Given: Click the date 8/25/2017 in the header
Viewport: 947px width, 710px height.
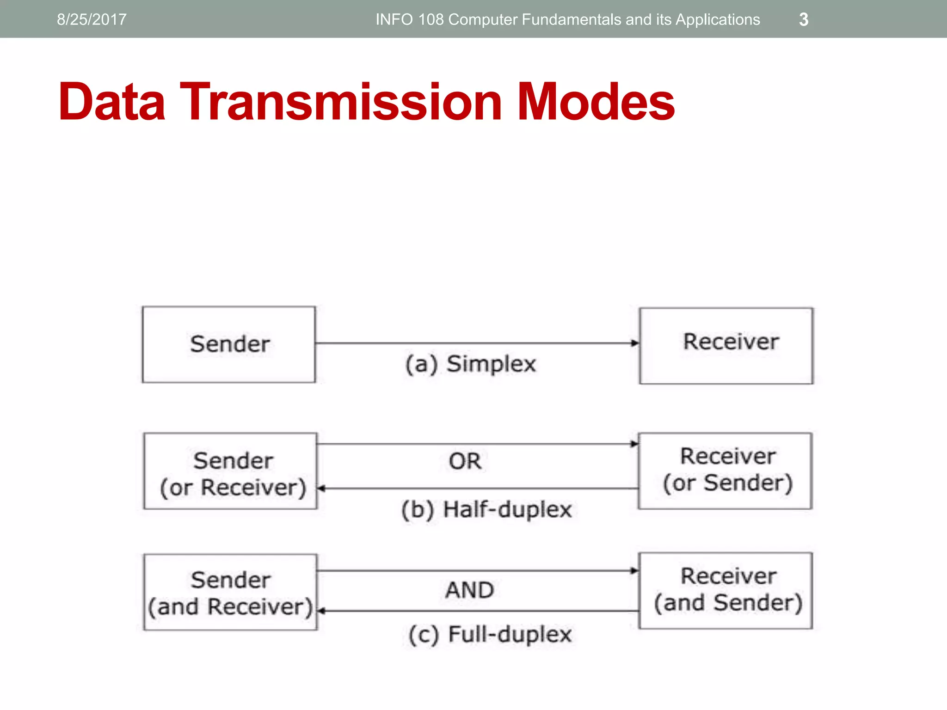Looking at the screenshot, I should coord(92,19).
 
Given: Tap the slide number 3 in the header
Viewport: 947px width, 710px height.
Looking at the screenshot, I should coord(804,19).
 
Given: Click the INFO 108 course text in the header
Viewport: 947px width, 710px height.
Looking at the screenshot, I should coord(567,19).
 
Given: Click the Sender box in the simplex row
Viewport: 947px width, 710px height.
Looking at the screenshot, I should coord(229,344).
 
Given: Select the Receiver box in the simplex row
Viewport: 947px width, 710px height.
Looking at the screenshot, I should coord(726,346).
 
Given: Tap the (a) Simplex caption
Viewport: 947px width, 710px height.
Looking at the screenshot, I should coord(470,364).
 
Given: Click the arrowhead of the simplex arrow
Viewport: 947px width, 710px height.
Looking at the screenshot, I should coord(635,343).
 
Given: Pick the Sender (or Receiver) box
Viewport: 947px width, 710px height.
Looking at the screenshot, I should coord(230,471).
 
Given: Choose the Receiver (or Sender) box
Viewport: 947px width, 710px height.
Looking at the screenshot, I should coord(725,471).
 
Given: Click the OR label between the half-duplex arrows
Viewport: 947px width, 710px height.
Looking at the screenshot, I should coord(465,461).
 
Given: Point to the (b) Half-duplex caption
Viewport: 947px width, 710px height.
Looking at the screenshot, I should coord(486,510).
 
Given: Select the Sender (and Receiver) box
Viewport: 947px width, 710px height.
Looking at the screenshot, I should coord(230,592).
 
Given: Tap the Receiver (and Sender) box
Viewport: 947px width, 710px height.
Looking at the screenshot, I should coord(726,590).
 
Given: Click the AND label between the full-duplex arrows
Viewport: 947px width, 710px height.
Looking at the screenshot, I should coord(469,590).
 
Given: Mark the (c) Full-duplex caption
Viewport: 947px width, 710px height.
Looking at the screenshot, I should coord(490,634).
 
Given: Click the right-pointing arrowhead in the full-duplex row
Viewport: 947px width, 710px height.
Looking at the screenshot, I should coord(635,570).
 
